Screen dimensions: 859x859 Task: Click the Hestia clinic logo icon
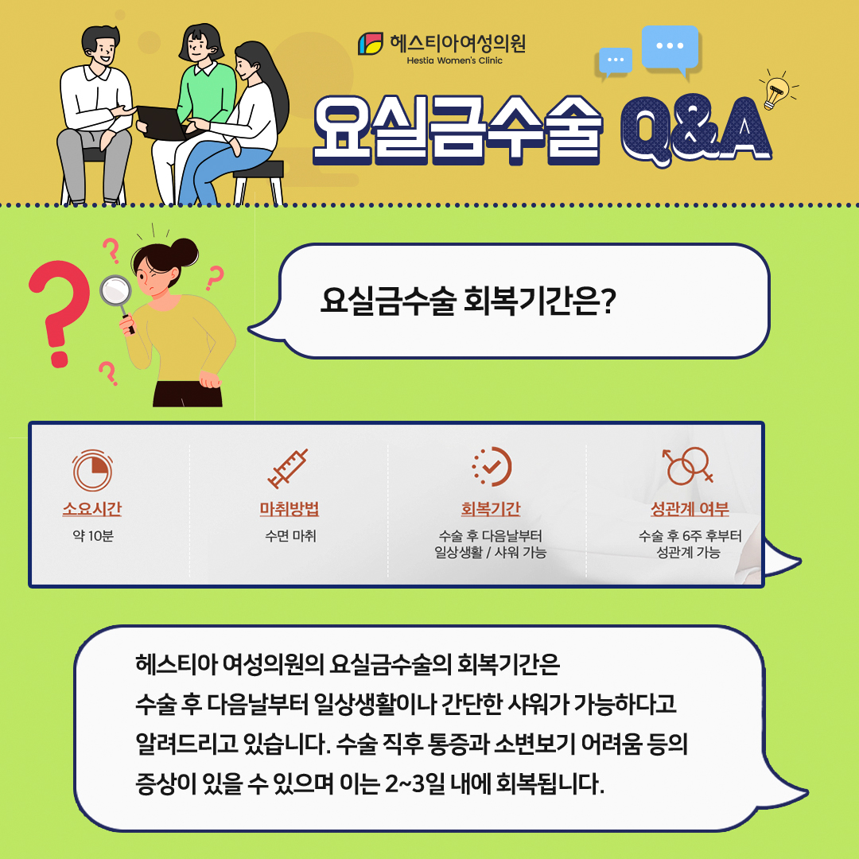tap(371, 44)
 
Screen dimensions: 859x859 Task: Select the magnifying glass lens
tap(116, 291)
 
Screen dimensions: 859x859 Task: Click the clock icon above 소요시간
tap(92, 470)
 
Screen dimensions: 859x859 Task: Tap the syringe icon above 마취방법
tap(288, 468)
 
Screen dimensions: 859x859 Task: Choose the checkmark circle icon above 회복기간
tap(491, 467)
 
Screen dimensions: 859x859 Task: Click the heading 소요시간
tap(92, 509)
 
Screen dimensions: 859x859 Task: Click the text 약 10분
tap(92, 536)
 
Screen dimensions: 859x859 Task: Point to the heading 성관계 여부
tap(690, 509)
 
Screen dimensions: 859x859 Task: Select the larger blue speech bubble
tap(670, 48)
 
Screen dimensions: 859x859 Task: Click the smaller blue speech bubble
tap(616, 61)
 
